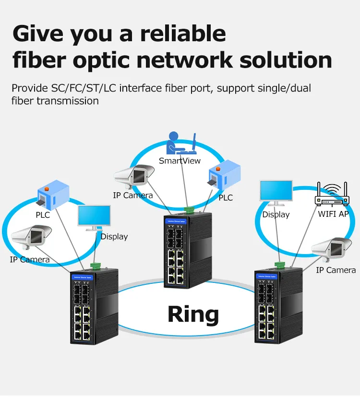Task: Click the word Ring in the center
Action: (x=193, y=314)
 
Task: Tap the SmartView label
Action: (x=180, y=161)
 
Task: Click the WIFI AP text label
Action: (x=333, y=214)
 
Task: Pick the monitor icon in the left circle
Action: (x=94, y=218)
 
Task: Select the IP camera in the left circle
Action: (x=31, y=239)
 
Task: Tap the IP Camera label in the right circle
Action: (x=336, y=270)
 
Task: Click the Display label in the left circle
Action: (x=114, y=236)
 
